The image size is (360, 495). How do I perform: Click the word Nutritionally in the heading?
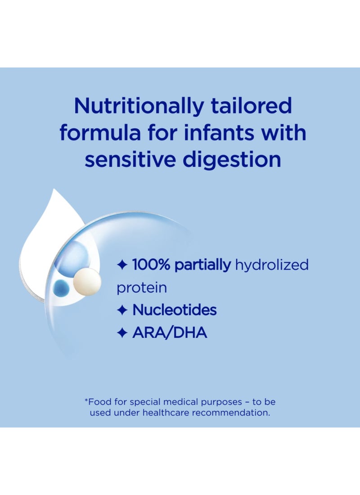(139, 106)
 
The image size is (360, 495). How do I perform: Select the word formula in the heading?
(100, 132)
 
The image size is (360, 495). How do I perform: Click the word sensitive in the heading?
(130, 159)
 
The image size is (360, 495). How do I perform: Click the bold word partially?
(203, 265)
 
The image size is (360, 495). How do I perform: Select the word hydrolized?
(272, 265)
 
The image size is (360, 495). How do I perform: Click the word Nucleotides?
(175, 310)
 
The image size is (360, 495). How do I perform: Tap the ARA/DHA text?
(170, 333)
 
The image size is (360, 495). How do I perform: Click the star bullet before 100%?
(122, 265)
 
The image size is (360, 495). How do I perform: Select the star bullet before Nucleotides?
(122, 310)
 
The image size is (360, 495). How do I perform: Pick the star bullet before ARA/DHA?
(122, 333)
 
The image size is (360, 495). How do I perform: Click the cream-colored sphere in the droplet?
(87, 282)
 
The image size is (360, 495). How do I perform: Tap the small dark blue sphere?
(61, 288)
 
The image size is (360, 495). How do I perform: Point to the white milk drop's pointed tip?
(54, 189)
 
